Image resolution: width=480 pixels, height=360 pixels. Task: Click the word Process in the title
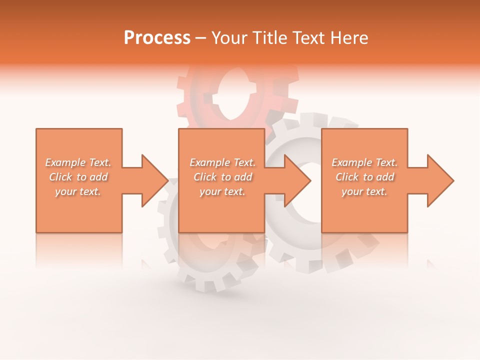(x=157, y=38)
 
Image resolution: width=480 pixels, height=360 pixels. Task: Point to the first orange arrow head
(x=152, y=180)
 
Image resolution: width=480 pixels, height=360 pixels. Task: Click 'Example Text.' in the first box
(x=78, y=162)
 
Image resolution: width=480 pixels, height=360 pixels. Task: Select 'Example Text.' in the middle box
(x=222, y=162)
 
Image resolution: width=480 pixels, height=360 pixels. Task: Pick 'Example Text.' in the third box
(x=364, y=162)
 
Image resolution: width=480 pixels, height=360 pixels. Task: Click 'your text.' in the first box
(x=78, y=191)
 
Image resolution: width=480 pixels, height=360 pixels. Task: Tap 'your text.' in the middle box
(x=222, y=191)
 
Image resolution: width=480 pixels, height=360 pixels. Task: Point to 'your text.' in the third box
(x=364, y=191)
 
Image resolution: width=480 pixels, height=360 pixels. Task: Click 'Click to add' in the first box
(x=78, y=177)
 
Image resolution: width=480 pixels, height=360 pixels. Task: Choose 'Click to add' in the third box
(x=364, y=177)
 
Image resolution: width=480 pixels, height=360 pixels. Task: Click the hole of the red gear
(x=231, y=95)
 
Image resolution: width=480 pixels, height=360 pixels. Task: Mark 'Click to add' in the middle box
(x=222, y=177)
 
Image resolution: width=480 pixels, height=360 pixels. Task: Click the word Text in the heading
(x=309, y=38)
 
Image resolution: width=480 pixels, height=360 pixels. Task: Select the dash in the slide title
(x=200, y=38)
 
